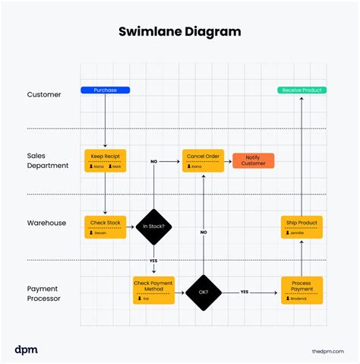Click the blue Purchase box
click(105, 90)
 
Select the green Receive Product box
click(302, 90)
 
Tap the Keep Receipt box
click(105, 160)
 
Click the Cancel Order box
click(203, 160)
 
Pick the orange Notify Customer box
click(253, 160)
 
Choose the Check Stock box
click(105, 226)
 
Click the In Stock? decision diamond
click(154, 226)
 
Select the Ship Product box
click(302, 226)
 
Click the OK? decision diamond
click(203, 292)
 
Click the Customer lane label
click(45, 95)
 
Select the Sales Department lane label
click(47, 160)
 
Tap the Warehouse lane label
click(47, 223)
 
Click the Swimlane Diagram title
click(180, 32)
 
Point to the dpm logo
click(26, 349)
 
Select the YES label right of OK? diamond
click(245, 292)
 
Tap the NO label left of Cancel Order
click(153, 161)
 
